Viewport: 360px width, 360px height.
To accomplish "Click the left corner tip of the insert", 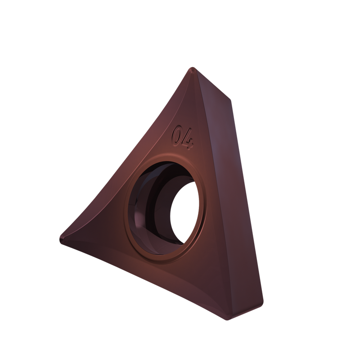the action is pyautogui.click(x=61, y=238).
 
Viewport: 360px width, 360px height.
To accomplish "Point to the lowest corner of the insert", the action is pyautogui.click(x=227, y=319).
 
